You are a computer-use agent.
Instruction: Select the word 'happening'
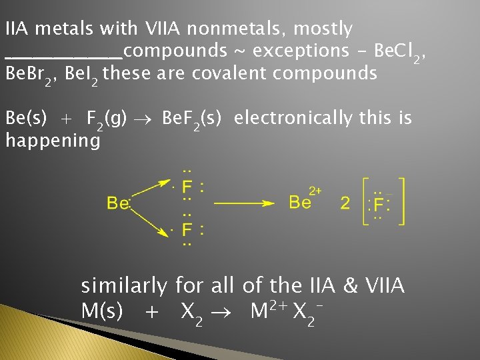[53, 141]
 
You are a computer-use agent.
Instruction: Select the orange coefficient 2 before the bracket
[345, 203]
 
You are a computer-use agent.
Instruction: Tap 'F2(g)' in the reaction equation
[107, 120]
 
